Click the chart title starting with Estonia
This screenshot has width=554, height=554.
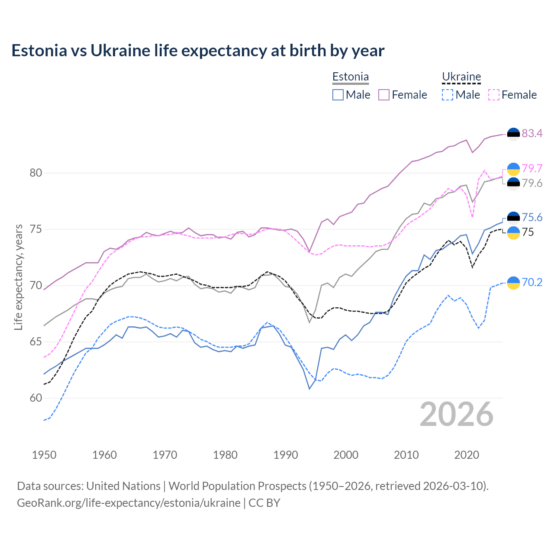click(x=198, y=51)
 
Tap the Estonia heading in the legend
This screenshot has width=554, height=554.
click(x=350, y=77)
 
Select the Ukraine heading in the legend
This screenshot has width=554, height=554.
click(x=461, y=77)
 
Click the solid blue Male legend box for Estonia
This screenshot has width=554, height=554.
click(x=338, y=95)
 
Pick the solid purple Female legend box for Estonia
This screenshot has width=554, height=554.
click(x=384, y=95)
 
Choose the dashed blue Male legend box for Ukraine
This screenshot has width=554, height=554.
click(x=448, y=95)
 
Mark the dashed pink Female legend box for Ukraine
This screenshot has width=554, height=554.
click(x=494, y=95)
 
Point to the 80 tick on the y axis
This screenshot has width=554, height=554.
click(x=36, y=173)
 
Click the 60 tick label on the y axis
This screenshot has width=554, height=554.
click(x=36, y=398)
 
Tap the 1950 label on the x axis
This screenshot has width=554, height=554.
click(x=44, y=455)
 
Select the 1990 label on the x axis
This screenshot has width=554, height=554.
click(x=286, y=455)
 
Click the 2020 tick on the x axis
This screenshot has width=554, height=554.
click(x=467, y=455)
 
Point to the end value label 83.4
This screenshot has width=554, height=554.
click(x=532, y=133)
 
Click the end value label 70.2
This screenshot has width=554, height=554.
click(x=532, y=283)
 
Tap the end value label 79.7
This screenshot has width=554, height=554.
click(x=532, y=168)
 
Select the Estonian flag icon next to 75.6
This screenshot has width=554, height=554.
click(x=513, y=217)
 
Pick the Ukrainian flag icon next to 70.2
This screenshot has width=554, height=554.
click(x=513, y=283)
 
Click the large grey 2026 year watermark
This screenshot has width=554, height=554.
click(x=457, y=414)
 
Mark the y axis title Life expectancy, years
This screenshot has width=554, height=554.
click(x=19, y=277)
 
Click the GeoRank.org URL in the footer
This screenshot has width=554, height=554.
click(x=129, y=503)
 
